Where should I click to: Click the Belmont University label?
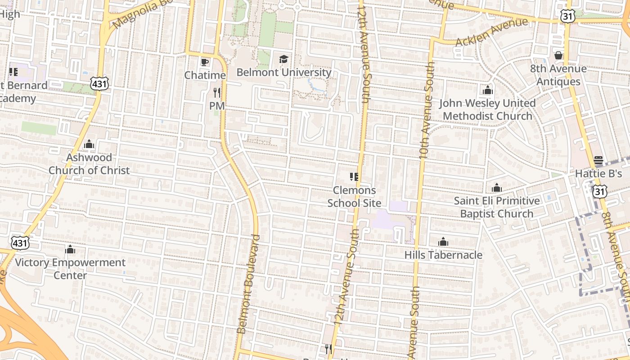pos(284,72)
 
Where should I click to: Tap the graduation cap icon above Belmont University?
pos(283,59)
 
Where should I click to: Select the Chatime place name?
pos(205,75)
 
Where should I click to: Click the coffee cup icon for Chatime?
pos(205,62)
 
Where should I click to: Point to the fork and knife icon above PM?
pos(217,93)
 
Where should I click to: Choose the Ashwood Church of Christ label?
pos(89,164)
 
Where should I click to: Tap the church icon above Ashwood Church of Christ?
pos(89,144)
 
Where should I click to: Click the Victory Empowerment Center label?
pos(70,269)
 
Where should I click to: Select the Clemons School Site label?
pos(354,197)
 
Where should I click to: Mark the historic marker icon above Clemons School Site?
pos(354,177)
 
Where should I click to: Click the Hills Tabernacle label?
pos(443,255)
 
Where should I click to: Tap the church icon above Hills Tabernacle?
pos(443,242)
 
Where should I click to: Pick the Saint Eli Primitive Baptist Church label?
pos(496,207)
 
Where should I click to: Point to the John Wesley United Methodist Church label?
pos(487,109)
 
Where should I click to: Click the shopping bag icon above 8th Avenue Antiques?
pos(558,55)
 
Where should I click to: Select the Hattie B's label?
pos(598,173)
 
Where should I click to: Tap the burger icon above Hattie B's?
pos(598,160)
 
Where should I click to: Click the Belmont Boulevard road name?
pos(249,283)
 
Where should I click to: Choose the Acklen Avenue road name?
pos(491,32)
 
